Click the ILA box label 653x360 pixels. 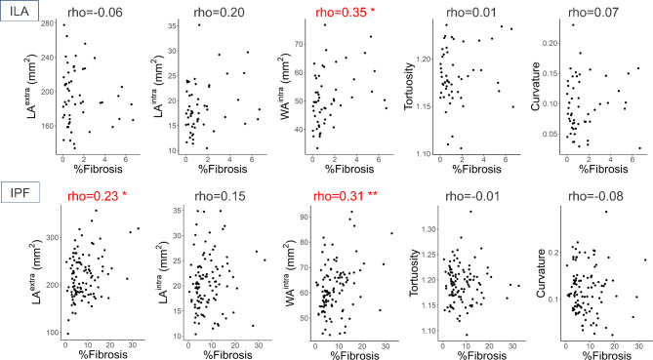click(20, 11)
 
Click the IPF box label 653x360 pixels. click(20, 192)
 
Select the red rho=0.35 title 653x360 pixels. click(346, 12)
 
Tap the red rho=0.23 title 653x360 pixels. click(97, 196)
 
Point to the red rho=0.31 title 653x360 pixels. click(346, 196)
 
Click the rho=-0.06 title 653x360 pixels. click(95, 12)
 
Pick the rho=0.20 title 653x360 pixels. click(219, 12)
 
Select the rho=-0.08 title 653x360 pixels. click(595, 196)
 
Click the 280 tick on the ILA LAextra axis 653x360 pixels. click(48, 23)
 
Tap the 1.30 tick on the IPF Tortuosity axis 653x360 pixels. click(429, 229)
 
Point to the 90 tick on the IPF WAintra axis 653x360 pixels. click(304, 217)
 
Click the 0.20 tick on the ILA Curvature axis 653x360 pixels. click(550, 43)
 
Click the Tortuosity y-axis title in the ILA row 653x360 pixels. click(409, 86)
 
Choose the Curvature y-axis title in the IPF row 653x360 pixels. click(541, 273)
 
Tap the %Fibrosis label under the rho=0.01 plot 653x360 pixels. click(476, 169)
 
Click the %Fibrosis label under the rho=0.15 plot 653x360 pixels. click(227, 354)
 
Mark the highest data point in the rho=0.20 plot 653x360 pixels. click(199, 25)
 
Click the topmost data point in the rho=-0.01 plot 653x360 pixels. click(471, 212)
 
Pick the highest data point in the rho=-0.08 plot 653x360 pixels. click(606, 212)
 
